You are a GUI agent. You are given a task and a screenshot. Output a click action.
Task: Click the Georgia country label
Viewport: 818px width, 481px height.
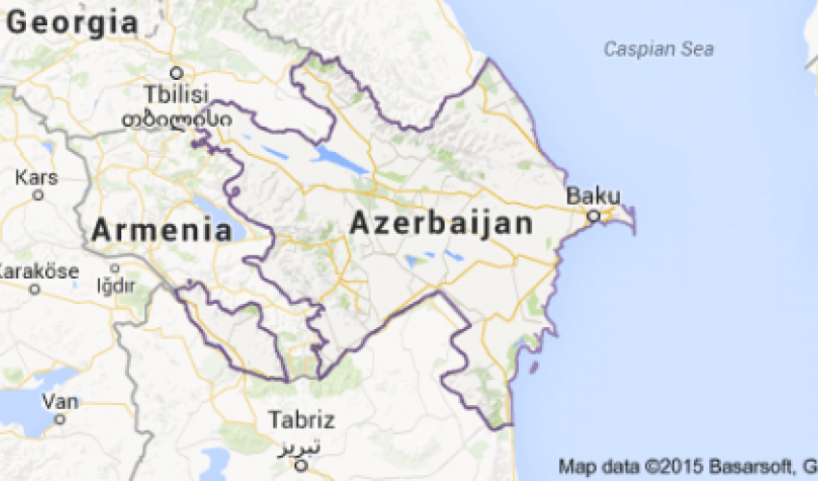(72, 23)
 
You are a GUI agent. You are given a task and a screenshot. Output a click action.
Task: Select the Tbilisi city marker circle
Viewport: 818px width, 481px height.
(176, 73)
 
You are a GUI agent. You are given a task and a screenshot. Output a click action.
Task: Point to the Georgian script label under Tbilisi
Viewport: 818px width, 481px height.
(175, 118)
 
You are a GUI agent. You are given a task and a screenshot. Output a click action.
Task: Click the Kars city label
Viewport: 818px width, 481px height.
(38, 178)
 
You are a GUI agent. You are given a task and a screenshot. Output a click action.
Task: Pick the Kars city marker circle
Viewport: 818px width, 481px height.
(38, 195)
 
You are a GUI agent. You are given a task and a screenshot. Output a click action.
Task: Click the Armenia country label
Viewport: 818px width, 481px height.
(162, 230)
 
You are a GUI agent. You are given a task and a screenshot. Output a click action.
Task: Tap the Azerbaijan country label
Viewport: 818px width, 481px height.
(441, 224)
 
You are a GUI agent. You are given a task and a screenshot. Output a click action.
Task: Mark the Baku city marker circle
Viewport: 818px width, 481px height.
(595, 215)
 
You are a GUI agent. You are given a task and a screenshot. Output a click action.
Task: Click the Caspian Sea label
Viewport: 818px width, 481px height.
(659, 48)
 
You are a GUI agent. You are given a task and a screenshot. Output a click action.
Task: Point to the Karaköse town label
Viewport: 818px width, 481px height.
(38, 270)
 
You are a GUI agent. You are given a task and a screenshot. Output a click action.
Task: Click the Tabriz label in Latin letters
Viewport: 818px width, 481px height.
(301, 420)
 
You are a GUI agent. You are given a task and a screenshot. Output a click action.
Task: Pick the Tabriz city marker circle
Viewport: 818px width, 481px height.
(301, 465)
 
